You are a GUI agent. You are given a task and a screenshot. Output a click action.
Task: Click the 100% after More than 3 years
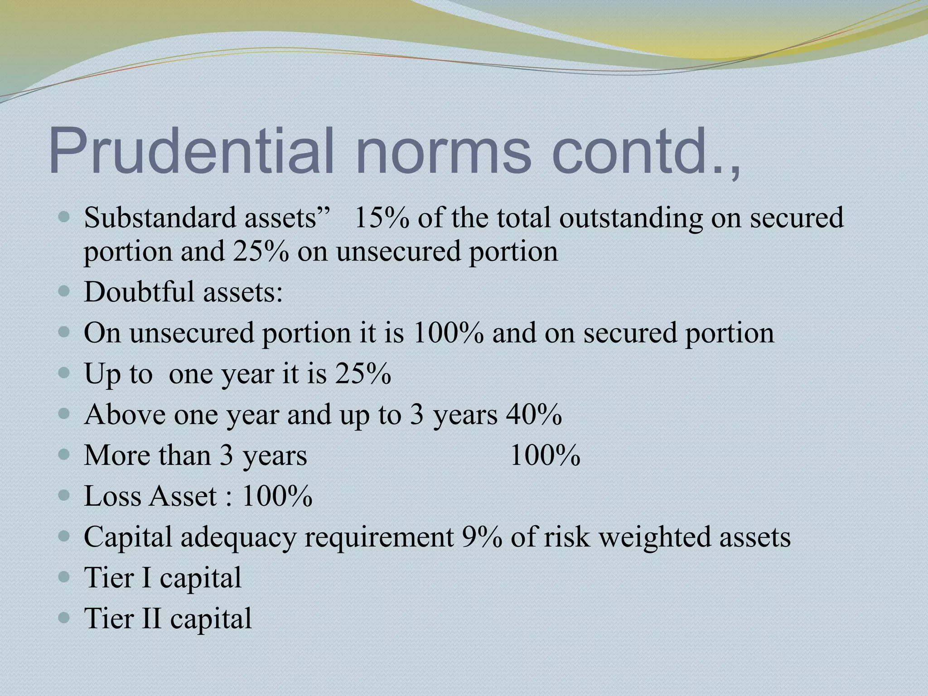[545, 455]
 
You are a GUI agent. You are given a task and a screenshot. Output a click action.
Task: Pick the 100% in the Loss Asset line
[277, 496]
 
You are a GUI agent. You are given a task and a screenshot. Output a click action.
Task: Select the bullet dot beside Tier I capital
[65, 577]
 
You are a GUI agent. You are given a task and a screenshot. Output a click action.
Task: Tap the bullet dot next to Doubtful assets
[65, 291]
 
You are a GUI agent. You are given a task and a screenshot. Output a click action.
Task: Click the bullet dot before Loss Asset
[65, 495]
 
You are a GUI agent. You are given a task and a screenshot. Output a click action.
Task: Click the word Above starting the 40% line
[125, 414]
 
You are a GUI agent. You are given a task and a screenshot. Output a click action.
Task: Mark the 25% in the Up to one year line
[363, 374]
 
